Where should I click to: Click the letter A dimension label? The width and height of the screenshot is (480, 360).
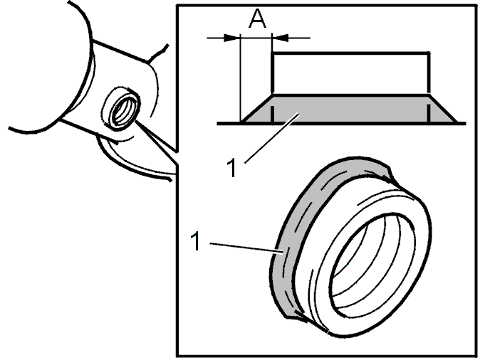pyautogui.click(x=258, y=18)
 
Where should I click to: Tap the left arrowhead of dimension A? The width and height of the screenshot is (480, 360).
pyautogui.click(x=232, y=38)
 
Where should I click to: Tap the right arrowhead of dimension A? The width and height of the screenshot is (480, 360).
pyautogui.click(x=280, y=38)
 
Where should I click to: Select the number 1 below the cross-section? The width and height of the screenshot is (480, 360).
pyautogui.click(x=232, y=167)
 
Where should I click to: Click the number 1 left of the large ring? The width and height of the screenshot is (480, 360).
pyautogui.click(x=195, y=241)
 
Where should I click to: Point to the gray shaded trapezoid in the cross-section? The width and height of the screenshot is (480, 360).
pyautogui.click(x=350, y=109)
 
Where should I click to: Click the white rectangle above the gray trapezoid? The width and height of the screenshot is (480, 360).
pyautogui.click(x=351, y=73)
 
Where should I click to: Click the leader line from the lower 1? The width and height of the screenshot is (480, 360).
pyautogui.click(x=246, y=248)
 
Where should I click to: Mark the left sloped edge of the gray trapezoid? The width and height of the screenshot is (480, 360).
pyautogui.click(x=256, y=109)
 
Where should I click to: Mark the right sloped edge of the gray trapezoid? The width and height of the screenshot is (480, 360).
pyautogui.click(x=443, y=109)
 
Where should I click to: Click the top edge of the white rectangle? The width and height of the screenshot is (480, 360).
pyautogui.click(x=351, y=53)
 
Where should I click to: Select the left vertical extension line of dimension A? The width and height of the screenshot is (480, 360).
pyautogui.click(x=241, y=79)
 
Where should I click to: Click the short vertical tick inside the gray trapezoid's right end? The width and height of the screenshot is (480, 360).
pyautogui.click(x=429, y=113)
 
